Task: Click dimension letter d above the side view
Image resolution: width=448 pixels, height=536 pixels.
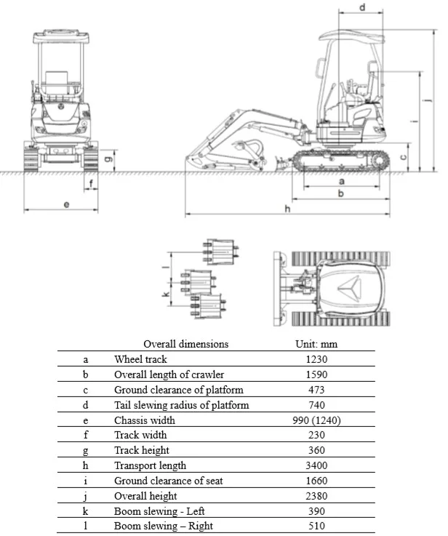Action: point(363,7)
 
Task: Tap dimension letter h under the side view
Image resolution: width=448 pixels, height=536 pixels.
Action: point(288,209)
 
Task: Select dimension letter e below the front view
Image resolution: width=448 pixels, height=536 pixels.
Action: point(66,204)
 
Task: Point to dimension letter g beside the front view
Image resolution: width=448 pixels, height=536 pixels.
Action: point(108,159)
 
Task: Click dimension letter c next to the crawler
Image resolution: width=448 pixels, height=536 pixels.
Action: point(403,157)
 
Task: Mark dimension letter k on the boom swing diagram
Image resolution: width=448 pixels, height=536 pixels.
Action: point(166,294)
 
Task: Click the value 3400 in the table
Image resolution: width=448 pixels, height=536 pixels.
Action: point(316,465)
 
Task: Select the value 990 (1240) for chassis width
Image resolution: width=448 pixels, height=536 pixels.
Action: point(316,420)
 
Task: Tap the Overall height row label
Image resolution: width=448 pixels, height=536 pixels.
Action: point(145,496)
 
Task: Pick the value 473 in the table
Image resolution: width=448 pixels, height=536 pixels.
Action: point(316,390)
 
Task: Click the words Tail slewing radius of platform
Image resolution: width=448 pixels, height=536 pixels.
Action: point(182,405)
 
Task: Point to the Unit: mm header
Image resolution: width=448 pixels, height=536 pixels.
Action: point(316,344)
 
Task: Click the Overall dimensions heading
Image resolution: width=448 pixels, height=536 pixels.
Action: point(186,344)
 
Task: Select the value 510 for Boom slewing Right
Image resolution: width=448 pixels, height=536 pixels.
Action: point(316,526)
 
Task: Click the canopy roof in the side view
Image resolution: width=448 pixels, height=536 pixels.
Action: point(351,36)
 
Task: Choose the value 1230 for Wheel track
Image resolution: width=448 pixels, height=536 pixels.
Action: point(316,359)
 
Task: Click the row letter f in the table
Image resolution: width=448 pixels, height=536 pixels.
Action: point(85,435)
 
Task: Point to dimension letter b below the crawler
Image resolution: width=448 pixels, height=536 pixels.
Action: point(340,193)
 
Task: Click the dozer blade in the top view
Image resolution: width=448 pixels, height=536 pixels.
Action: point(278,289)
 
